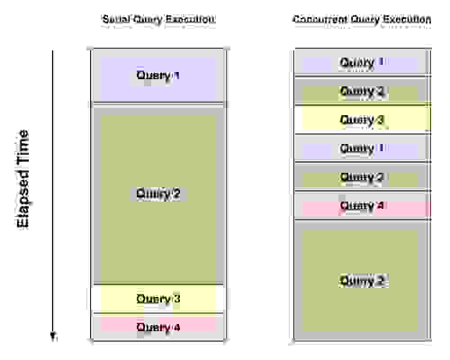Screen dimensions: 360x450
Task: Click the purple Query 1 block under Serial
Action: [x=157, y=76]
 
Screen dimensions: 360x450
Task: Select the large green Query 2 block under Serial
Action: [x=157, y=194]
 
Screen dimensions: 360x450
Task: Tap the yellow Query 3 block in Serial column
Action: [x=157, y=299]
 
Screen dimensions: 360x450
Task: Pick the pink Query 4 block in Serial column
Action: [x=157, y=327]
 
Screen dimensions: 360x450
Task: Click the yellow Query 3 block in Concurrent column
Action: [x=361, y=119]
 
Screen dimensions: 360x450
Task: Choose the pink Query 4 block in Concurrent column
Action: [x=361, y=206]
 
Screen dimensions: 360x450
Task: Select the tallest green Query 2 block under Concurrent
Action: [x=361, y=281]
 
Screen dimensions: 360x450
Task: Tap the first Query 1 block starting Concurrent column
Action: [x=361, y=62]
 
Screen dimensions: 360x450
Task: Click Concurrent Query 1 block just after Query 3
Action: [x=361, y=148]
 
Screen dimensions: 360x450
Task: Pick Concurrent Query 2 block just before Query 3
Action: [x=361, y=91]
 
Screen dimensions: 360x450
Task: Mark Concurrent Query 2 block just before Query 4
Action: [x=361, y=177]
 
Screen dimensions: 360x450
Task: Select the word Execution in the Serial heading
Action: [x=196, y=20]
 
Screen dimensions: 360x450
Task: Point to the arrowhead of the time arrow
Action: [x=53, y=337]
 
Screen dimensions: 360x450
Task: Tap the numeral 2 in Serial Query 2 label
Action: [x=177, y=194]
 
